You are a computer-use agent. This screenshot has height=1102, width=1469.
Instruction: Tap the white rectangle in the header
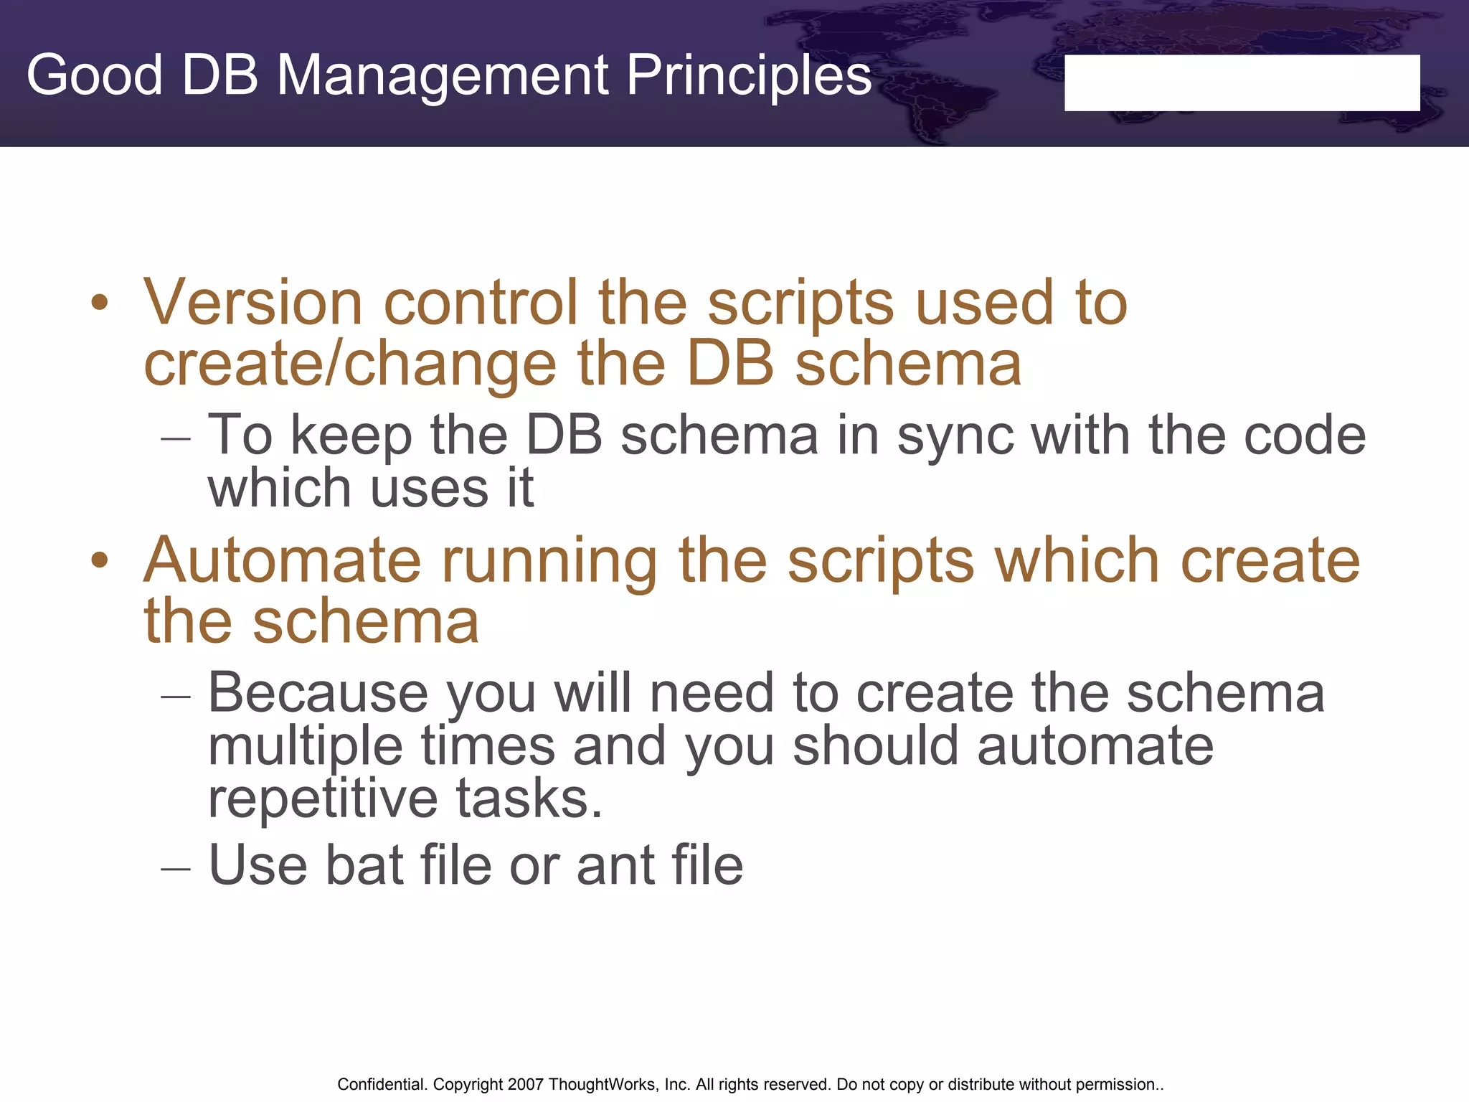click(x=1242, y=83)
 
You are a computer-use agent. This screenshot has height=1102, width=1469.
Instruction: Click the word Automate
click(x=282, y=560)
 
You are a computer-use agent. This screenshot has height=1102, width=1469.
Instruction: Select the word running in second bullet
click(x=549, y=562)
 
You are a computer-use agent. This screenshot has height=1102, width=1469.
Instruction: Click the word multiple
click(x=305, y=746)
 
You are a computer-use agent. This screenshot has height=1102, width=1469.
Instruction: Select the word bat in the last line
click(x=364, y=865)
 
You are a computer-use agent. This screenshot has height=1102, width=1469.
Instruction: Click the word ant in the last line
click(x=615, y=866)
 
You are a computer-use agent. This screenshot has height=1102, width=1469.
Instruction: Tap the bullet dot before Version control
click(x=100, y=303)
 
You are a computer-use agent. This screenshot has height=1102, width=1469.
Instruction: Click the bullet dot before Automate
click(x=100, y=560)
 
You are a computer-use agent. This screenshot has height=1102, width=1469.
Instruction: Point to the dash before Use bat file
click(x=176, y=869)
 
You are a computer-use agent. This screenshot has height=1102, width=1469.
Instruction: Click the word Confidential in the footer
click(x=382, y=1084)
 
